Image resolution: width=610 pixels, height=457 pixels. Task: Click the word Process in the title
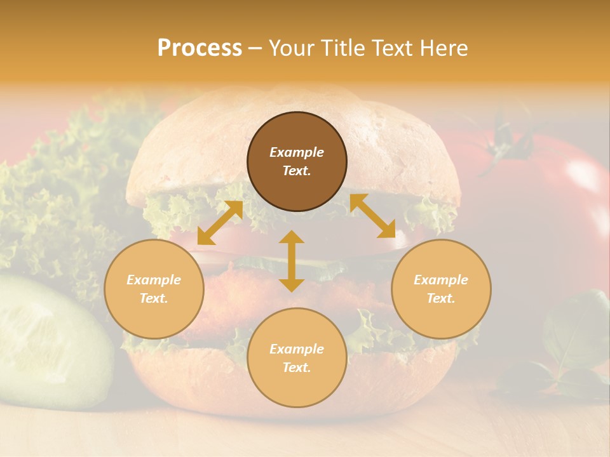point(200,48)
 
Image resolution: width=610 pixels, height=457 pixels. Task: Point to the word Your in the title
point(290,48)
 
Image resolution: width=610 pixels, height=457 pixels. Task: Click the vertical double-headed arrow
point(292,261)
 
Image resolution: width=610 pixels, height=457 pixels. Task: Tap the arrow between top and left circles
point(220,223)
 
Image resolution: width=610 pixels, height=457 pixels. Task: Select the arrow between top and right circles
point(372,216)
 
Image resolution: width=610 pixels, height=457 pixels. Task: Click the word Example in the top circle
point(297,152)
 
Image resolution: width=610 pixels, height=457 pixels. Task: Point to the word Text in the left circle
point(154,298)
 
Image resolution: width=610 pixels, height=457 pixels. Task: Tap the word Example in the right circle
point(441,280)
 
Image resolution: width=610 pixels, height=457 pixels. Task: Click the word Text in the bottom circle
point(297,368)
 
